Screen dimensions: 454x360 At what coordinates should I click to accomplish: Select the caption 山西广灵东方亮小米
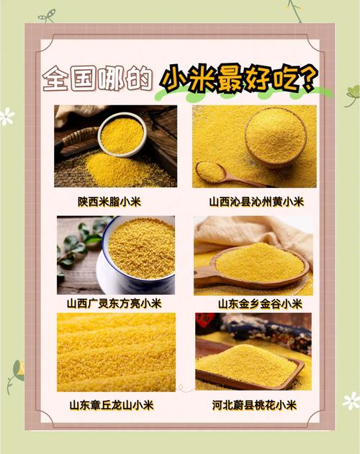coord(114,303)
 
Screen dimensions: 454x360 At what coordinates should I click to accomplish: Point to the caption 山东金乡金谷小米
coord(257,303)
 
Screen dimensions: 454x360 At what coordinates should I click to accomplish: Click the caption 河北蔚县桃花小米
coord(256,405)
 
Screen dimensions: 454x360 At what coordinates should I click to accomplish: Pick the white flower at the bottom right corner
coord(351,401)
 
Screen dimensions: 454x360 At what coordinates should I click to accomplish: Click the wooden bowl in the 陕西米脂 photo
coord(122,134)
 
